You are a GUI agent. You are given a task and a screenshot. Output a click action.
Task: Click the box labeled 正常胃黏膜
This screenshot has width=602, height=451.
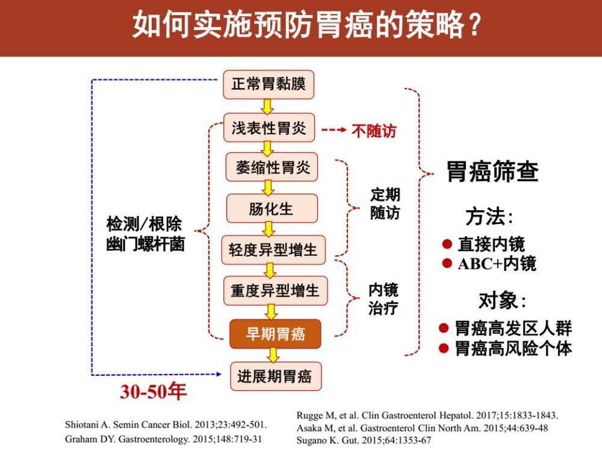[x=268, y=84]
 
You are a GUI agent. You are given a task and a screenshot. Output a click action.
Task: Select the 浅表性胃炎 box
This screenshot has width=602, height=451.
[x=269, y=128]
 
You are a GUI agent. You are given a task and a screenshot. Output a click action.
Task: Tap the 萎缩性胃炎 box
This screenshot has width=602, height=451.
[x=272, y=167]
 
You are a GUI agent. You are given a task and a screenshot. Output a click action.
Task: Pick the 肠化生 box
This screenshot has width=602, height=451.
[x=272, y=208]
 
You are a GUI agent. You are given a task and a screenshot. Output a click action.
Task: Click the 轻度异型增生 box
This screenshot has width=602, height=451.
[x=273, y=250]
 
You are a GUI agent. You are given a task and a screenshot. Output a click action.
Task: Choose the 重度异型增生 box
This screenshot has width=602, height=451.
[x=275, y=291]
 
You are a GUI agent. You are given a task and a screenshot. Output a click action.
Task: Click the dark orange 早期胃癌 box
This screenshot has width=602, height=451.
[x=275, y=334]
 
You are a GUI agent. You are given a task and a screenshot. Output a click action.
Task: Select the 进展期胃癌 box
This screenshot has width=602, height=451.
[x=275, y=376]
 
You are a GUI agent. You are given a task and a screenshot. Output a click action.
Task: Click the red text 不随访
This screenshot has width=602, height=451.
[x=374, y=131]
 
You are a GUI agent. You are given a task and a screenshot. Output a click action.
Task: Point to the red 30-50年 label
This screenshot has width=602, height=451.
[x=153, y=391]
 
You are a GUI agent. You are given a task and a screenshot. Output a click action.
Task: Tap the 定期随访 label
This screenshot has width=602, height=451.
[x=385, y=204]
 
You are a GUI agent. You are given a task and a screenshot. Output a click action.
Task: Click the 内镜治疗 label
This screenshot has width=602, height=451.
[x=383, y=299]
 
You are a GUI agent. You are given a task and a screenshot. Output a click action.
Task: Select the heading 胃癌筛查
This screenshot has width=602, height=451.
[x=492, y=172]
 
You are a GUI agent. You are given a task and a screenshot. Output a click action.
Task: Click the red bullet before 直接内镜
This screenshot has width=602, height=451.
[x=447, y=243]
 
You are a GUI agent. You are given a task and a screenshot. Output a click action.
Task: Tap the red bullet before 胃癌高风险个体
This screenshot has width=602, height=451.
[x=444, y=348]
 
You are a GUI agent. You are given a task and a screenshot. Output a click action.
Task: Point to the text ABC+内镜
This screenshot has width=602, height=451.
[x=497, y=264]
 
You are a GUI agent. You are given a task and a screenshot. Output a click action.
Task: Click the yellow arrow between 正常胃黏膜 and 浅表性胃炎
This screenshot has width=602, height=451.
[x=268, y=107]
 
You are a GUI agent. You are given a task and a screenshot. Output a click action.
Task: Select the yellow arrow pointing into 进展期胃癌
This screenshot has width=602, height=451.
[x=273, y=355]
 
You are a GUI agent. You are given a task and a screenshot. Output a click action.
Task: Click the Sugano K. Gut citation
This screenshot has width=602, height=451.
[x=364, y=441]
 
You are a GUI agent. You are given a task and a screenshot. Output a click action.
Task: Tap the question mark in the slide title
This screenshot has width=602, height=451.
[x=474, y=25]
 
